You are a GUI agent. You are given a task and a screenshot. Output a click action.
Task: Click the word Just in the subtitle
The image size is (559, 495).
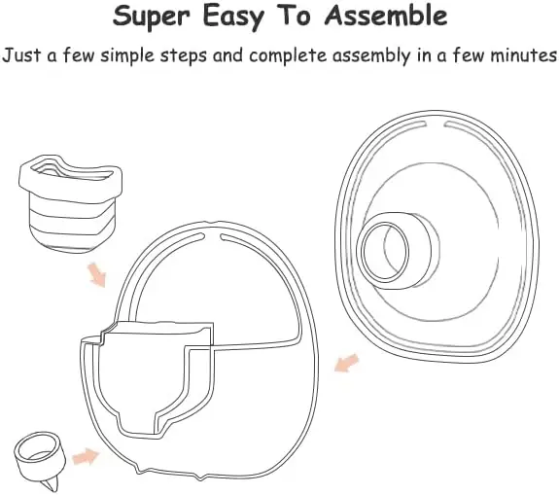[22, 55]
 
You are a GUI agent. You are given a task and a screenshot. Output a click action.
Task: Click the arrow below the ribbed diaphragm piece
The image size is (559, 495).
[96, 275]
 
